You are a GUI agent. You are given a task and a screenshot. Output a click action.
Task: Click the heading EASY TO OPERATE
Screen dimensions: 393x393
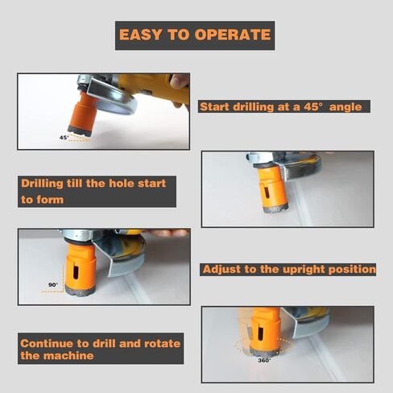(x=194, y=35)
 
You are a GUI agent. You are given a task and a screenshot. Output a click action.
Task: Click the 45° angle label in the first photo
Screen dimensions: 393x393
(x=64, y=138)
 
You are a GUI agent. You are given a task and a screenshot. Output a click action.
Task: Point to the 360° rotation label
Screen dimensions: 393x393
(x=264, y=360)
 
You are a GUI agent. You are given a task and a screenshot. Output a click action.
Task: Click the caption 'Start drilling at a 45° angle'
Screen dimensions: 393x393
(x=285, y=106)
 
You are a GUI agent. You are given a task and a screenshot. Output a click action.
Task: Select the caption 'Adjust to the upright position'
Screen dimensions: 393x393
(x=288, y=269)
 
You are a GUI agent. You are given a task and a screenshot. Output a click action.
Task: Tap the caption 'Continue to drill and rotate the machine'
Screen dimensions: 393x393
(x=100, y=349)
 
